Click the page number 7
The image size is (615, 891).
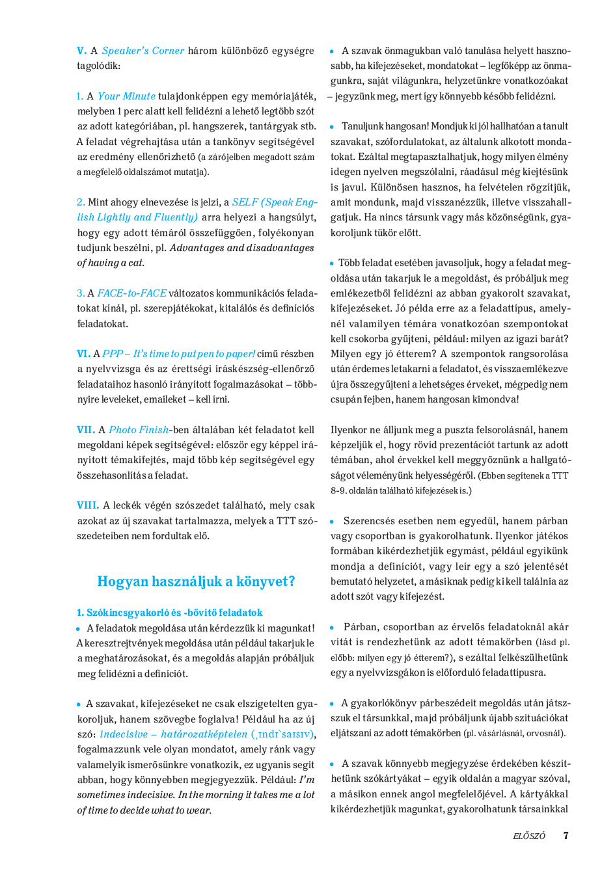tap(566, 836)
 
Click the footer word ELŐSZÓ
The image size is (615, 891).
tap(529, 836)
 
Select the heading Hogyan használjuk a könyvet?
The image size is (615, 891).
tap(196, 581)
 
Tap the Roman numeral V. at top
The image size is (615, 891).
tap(81, 51)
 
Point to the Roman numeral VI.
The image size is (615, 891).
tap(83, 354)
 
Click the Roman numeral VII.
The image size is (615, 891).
tap(85, 430)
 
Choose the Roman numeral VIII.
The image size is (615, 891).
tap(88, 505)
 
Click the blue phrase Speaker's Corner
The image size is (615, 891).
tap(143, 51)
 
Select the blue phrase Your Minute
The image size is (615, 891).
tap(126, 96)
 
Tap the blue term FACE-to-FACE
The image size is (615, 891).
tap(132, 293)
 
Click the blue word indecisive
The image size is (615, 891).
tap(124, 734)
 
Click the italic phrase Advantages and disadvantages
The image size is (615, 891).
tap(242, 248)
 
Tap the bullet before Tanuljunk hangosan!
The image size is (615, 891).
tap(332, 127)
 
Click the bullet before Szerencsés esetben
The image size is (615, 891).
tap(332, 522)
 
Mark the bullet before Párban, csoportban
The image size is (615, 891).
tap(332, 628)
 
